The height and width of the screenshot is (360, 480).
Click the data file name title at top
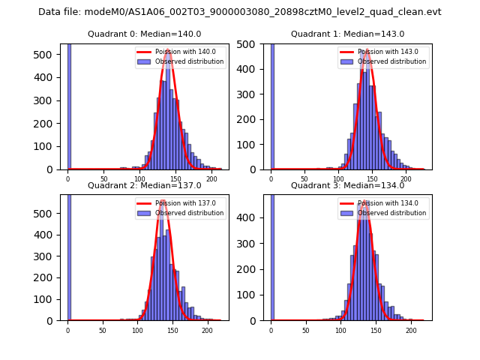coord(240,12)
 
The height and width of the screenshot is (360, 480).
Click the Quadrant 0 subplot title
coord(144,34)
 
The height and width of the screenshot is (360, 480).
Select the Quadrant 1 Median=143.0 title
coord(347,34)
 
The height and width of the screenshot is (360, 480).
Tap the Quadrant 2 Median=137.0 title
coord(144,185)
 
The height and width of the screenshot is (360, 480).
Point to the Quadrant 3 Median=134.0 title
coord(347,185)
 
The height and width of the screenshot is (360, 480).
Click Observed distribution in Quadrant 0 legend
coord(189,61)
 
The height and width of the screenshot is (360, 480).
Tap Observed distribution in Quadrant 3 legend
coord(391,213)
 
